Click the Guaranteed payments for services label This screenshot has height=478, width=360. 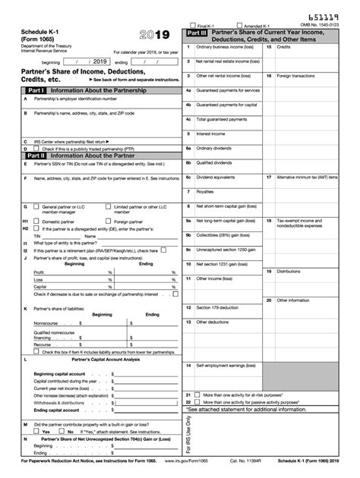228,90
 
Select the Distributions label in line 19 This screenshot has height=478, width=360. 289,271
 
